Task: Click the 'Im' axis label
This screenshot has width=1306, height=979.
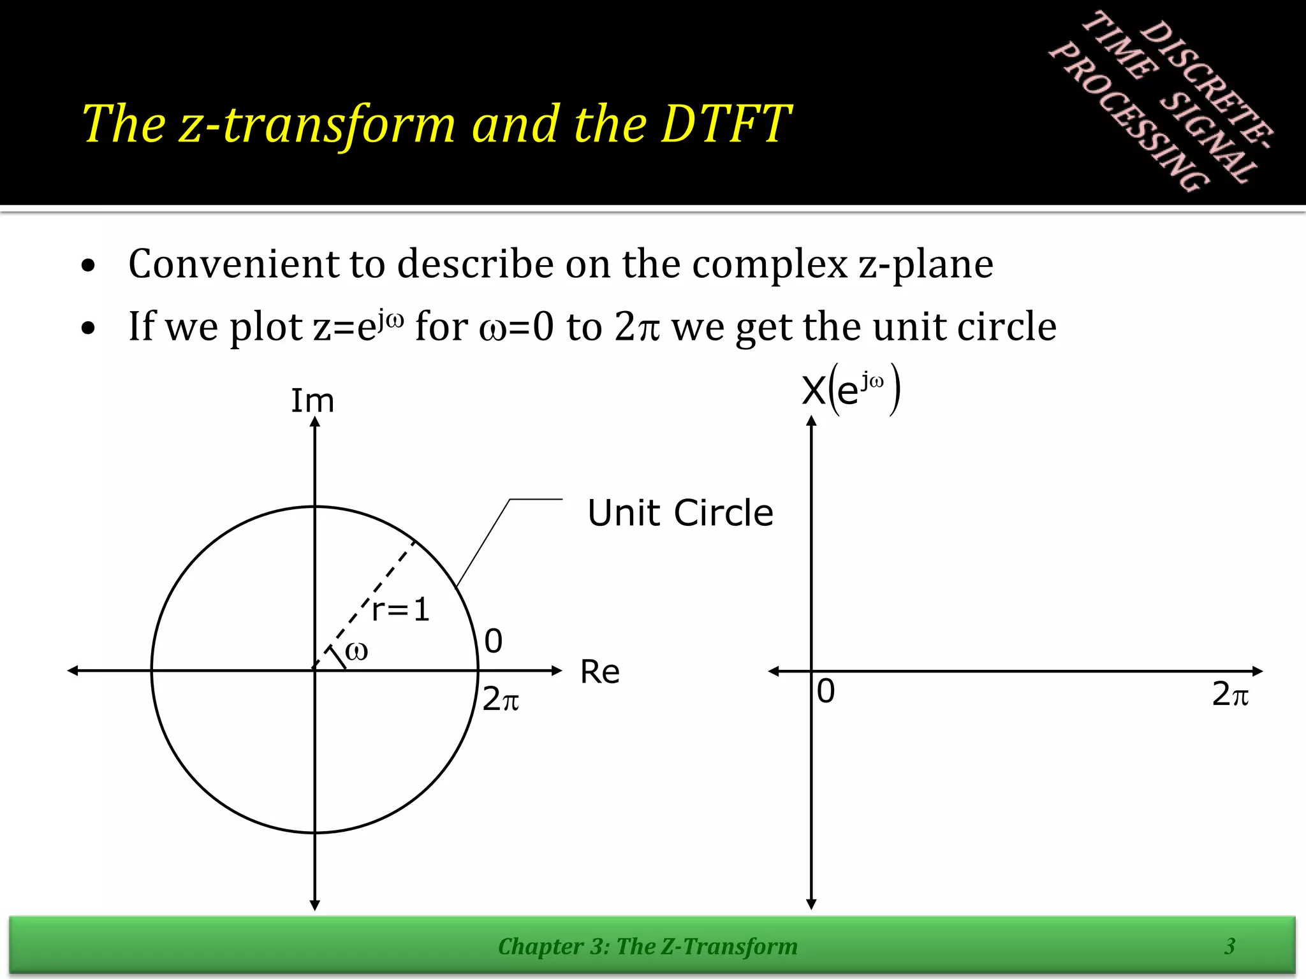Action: (312, 401)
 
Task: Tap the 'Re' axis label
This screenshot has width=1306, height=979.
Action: (599, 672)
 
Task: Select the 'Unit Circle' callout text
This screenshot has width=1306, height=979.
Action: (680, 512)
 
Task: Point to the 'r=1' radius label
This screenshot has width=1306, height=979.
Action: (400, 609)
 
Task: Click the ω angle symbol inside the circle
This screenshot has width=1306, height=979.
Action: (356, 651)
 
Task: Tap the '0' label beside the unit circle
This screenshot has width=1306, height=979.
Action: (493, 641)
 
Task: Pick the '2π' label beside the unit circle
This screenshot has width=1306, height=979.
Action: (500, 699)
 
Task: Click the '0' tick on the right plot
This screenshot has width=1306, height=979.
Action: (826, 691)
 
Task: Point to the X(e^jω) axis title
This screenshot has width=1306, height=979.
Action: (851, 389)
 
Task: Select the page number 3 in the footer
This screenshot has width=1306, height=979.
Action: (1230, 946)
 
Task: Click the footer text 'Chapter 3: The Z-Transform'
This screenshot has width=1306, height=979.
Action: (647, 946)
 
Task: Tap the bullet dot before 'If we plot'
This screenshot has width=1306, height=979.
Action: (89, 328)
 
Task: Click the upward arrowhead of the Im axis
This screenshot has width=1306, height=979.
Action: (314, 421)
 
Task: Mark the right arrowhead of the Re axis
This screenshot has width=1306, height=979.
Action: (557, 671)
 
